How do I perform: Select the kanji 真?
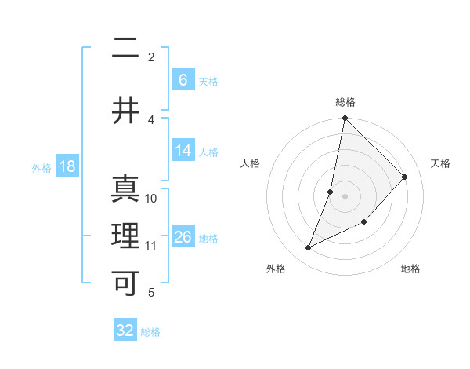coord(125,189)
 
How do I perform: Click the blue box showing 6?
coord(183,80)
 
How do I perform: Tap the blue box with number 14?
coord(183,151)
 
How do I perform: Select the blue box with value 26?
coord(183,237)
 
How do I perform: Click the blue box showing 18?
coord(67,166)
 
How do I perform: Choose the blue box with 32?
coord(125,331)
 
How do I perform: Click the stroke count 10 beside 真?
coord(151,198)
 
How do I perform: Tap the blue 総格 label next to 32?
coord(150,332)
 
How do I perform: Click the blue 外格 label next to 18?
coord(41,167)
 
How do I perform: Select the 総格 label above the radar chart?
coord(345,102)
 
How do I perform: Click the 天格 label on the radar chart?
coord(440,163)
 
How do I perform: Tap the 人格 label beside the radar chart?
coord(250,163)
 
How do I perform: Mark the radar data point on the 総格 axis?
coord(345,119)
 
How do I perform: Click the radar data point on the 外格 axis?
coord(309,248)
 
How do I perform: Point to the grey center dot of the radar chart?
coord(345,196)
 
